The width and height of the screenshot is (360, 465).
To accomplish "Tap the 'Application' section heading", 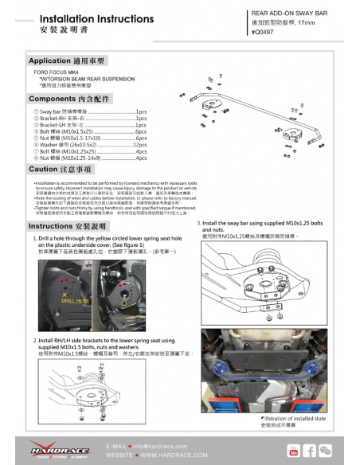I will [x=68, y=60].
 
